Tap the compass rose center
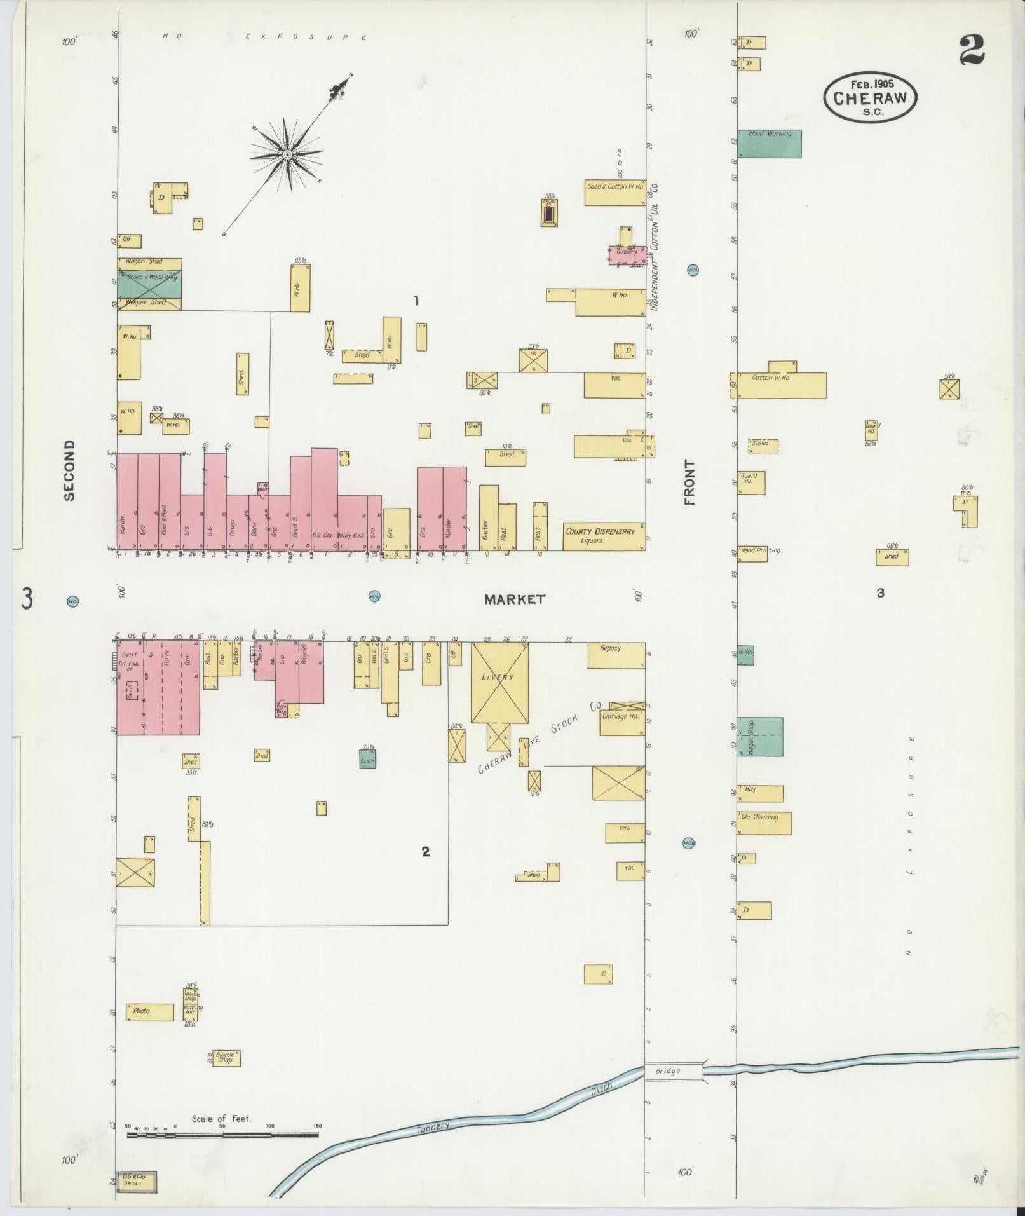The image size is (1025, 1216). click(x=287, y=154)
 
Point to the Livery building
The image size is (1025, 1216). click(x=499, y=682)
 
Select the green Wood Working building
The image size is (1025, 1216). click(x=769, y=144)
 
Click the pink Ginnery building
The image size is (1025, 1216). click(x=627, y=254)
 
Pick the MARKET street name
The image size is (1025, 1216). click(x=514, y=599)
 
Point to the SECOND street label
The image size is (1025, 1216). click(x=69, y=470)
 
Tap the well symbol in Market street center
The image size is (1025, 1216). click(x=374, y=596)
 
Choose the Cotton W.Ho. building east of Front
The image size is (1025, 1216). click(x=781, y=385)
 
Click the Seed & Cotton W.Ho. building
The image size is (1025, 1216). click(x=614, y=192)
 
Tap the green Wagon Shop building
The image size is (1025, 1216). click(x=759, y=737)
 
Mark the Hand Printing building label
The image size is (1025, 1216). click(x=759, y=550)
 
